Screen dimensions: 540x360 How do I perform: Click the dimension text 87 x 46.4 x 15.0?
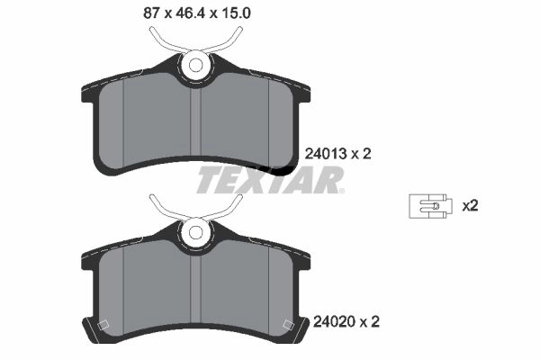[196, 13]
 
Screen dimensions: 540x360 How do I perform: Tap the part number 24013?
[326, 154]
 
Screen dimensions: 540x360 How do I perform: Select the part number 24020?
[334, 322]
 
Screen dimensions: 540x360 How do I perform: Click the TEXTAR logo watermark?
[270, 180]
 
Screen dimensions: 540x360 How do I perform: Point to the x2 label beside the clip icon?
[470, 206]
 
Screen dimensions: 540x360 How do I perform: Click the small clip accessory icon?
[428, 206]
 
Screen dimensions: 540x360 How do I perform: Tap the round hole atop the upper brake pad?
[195, 65]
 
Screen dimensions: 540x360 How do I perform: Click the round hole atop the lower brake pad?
[195, 232]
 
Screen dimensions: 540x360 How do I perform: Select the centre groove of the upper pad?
[195, 124]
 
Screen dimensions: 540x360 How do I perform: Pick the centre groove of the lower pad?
[195, 291]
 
